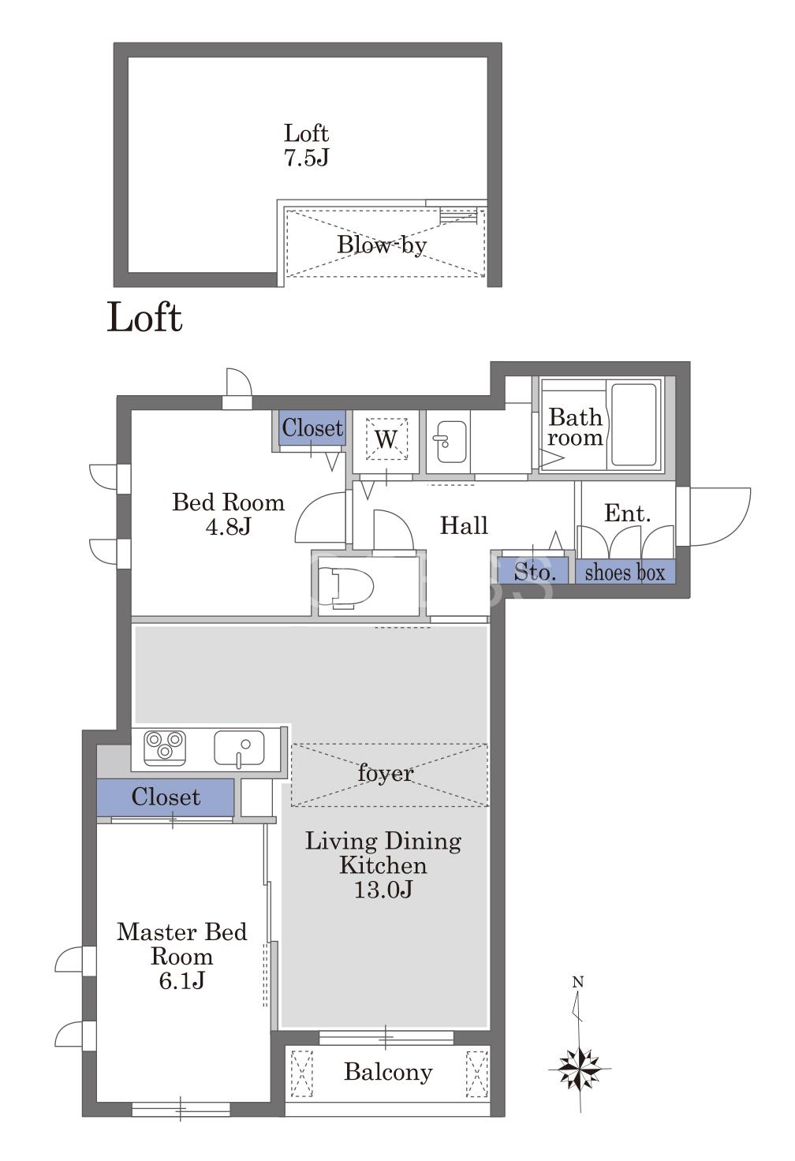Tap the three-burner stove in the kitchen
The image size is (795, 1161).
(165, 748)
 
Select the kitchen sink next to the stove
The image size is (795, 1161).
(239, 748)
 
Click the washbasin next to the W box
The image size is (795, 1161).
(451, 442)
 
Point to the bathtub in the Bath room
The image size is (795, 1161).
(634, 424)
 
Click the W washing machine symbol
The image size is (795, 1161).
(386, 439)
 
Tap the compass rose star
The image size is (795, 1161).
(580, 1068)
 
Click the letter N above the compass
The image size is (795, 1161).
(578, 982)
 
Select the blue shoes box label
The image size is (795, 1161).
(625, 572)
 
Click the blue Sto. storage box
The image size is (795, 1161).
(533, 571)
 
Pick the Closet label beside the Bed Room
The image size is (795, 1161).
(312, 427)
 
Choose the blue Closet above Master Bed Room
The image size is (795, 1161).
(166, 797)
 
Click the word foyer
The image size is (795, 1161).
(386, 774)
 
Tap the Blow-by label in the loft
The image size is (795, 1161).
(382, 245)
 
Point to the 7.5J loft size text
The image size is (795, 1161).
(306, 157)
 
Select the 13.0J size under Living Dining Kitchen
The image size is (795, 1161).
(383, 890)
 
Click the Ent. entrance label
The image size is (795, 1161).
(627, 513)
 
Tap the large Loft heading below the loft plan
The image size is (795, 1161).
(144, 318)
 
